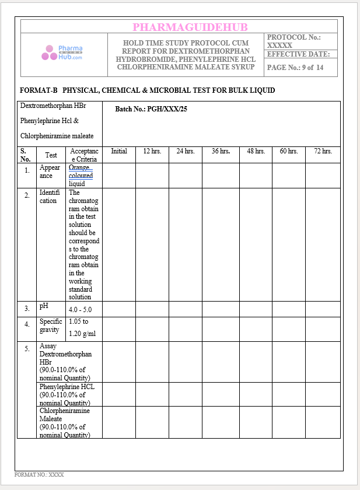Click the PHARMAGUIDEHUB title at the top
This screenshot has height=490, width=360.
(190, 27)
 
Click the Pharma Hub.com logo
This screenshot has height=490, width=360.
(62, 53)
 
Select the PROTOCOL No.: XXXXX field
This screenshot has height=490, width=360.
(294, 41)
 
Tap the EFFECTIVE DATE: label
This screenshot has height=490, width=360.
(298, 54)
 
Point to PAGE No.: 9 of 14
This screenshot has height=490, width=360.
(295, 68)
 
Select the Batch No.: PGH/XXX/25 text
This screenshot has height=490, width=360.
(151, 109)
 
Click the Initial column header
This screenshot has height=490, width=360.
(118, 151)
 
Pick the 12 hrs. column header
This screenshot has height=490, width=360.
(152, 151)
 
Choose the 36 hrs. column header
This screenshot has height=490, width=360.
(221, 151)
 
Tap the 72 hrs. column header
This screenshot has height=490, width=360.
(323, 151)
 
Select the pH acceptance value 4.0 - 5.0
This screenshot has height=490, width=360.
(81, 310)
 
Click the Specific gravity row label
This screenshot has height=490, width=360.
(50, 325)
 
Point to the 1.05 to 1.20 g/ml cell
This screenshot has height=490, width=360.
(81, 328)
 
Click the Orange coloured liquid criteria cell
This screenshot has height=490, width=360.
(81, 176)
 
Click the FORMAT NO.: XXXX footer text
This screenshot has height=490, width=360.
(39, 475)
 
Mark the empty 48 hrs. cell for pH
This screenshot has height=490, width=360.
(255, 309)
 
